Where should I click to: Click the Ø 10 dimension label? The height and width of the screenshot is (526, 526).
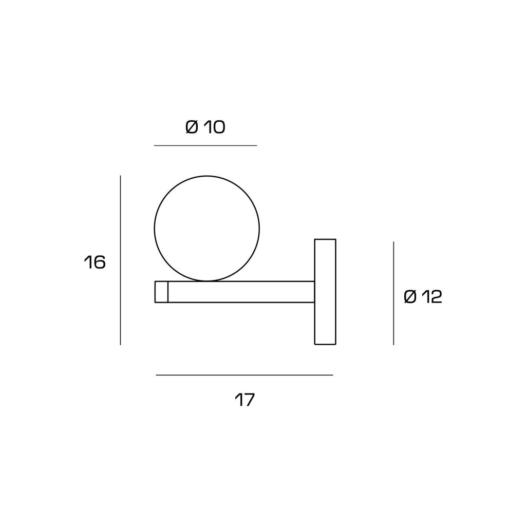point(205,127)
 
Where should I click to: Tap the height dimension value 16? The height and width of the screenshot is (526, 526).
point(95,262)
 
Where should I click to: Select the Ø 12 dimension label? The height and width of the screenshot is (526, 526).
point(423,297)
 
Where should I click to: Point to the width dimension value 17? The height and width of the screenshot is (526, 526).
point(245,400)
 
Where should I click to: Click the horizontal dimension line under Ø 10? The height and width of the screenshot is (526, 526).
point(205,145)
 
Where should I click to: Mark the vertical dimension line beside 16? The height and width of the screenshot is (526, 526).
point(120,260)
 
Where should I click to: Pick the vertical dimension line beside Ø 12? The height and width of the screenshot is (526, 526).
point(393,293)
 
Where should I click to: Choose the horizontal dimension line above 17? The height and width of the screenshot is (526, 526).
point(245,375)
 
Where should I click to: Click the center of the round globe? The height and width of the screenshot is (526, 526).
point(206,229)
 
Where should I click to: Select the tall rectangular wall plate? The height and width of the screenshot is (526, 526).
point(325,292)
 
